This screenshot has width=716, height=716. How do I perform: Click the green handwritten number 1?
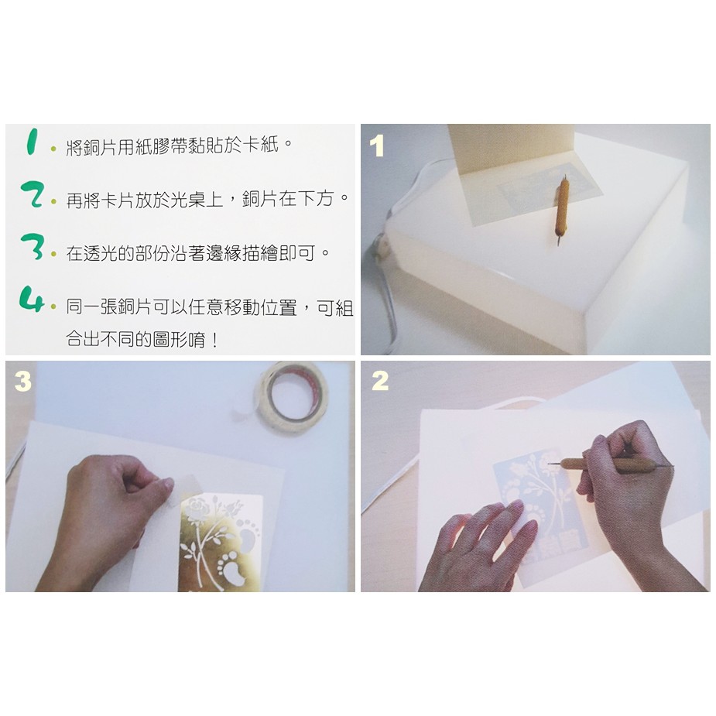(x=32, y=141)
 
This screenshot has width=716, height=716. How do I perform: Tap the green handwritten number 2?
(x=33, y=194)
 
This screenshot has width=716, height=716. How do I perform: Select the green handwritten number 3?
(x=32, y=247)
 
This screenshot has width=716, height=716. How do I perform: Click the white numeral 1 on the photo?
(x=377, y=146)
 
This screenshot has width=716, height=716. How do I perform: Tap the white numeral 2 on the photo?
(x=380, y=382)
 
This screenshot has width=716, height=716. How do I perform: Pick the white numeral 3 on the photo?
(x=22, y=381)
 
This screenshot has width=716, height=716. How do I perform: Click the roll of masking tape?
(x=291, y=396)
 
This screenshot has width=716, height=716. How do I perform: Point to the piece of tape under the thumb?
(x=184, y=490)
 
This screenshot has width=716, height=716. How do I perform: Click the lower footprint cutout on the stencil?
(x=233, y=567)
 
